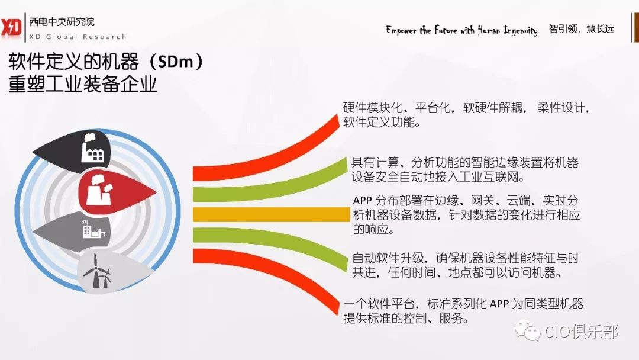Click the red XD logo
pyautogui.click(x=11, y=28)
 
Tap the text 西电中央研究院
pyautogui.click(x=62, y=21)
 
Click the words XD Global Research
pyautogui.click(x=78, y=37)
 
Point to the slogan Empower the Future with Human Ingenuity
pyautogui.click(x=461, y=30)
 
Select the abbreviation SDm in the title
pyautogui.click(x=175, y=62)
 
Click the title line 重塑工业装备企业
pyautogui.click(x=83, y=84)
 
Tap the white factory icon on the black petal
pyautogui.click(x=92, y=147)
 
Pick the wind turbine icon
pyautogui.click(x=98, y=271)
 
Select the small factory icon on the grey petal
pyautogui.click(x=93, y=229)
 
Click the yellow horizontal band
pyautogui.click(x=272, y=214)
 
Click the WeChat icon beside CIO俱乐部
pyautogui.click(x=527, y=330)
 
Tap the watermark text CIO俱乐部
pyautogui.click(x=581, y=332)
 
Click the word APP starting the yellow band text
pyautogui.click(x=362, y=201)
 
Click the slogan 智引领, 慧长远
pyautogui.click(x=581, y=29)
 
